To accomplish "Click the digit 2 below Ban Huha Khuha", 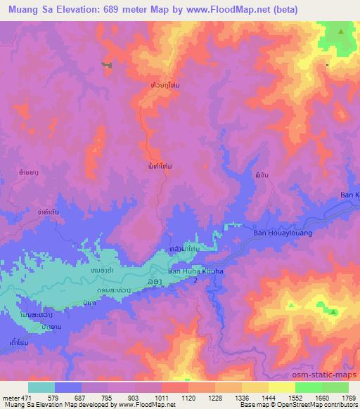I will pyautogui.click(x=195, y=280).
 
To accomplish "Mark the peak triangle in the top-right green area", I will pyautogui.click(x=341, y=32).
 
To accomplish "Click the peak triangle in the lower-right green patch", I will pyautogui.click(x=334, y=311).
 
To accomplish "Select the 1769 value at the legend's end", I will pyautogui.click(x=348, y=398).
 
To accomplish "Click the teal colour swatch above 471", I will pyautogui.click(x=41, y=387).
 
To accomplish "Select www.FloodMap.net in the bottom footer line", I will pyautogui.click(x=143, y=405).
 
